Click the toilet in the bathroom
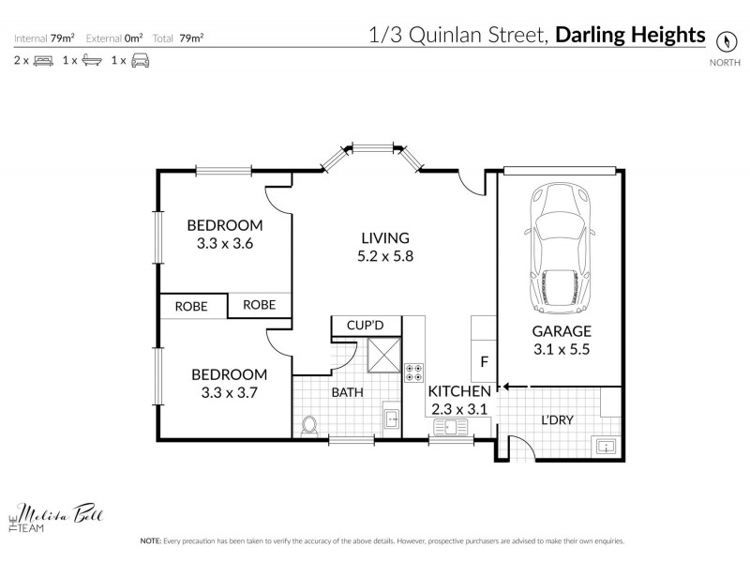tap(310, 426)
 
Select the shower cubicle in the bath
tap(382, 354)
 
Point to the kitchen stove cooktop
tap(413, 372)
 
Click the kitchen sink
tap(450, 426)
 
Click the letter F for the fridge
tap(485, 361)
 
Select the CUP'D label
tap(366, 326)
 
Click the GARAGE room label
tap(562, 330)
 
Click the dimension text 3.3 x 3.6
tap(224, 243)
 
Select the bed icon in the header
tap(43, 60)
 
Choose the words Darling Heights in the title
tap(630, 36)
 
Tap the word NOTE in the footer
tap(150, 541)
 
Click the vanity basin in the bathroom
tap(392, 418)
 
